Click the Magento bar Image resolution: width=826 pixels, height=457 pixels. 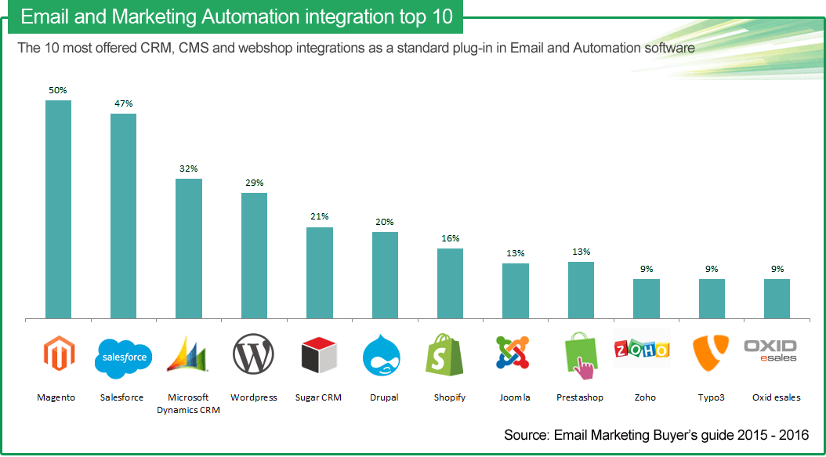[58, 209]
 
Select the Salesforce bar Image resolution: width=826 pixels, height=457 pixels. [123, 216]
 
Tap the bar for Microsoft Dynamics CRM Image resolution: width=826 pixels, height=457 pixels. [188, 249]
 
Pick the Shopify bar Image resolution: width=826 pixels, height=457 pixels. [450, 284]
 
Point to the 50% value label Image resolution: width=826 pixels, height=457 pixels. [58, 90]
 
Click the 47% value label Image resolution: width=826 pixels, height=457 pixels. [123, 103]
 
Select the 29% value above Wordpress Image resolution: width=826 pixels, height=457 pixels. [254, 183]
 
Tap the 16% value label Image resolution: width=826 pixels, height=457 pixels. [450, 238]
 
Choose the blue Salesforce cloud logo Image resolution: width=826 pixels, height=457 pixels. [122, 357]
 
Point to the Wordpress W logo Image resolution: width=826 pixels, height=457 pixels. [253, 356]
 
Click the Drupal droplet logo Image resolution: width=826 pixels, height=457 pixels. [384, 357]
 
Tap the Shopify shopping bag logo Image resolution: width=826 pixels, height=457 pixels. [449, 355]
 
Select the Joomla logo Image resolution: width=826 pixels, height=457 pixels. [515, 354]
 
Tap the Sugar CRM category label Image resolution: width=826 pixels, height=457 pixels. [318, 397]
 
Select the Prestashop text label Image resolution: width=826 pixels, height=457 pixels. [580, 397]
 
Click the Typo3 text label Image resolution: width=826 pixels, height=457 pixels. [711, 397]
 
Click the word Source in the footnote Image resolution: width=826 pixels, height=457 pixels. [525, 435]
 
